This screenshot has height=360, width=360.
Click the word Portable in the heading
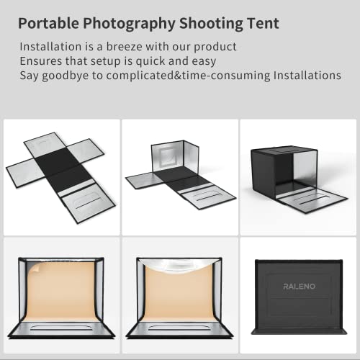click(48, 23)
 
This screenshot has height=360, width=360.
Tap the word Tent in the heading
click(261, 23)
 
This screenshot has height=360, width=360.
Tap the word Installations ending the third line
click(302, 75)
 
